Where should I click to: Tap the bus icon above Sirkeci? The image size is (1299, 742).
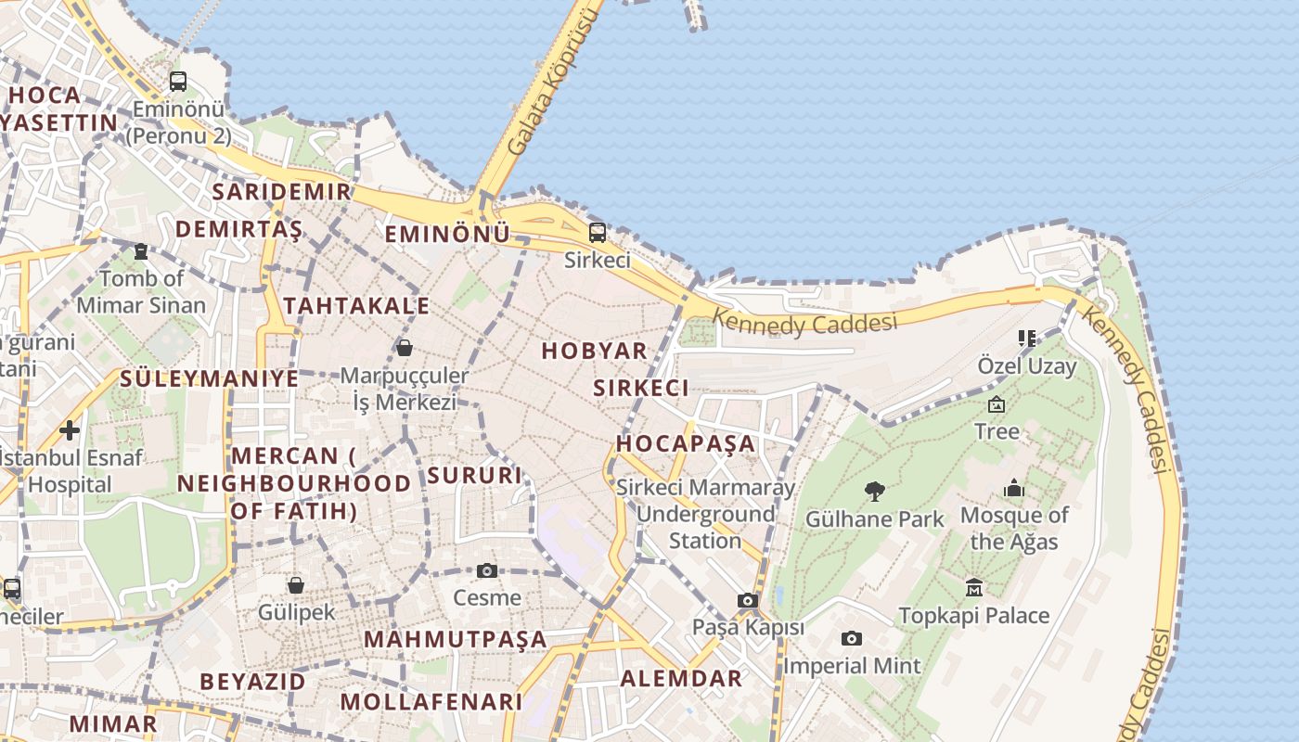(598, 232)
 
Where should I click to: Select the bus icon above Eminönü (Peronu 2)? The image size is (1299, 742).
(178, 81)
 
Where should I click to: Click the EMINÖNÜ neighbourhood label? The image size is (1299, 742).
(447, 234)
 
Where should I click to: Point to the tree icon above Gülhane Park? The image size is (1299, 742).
(874, 491)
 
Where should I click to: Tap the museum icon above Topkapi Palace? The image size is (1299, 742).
(974, 587)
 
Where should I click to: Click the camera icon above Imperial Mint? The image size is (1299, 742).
(852, 638)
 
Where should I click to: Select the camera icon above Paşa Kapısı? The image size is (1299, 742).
(748, 600)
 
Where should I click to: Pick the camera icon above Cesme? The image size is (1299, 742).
(487, 570)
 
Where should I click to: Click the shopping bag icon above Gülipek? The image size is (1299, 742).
(296, 584)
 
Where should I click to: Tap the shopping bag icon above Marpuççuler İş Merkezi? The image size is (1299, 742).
(405, 348)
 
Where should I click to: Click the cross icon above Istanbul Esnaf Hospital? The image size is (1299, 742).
(70, 429)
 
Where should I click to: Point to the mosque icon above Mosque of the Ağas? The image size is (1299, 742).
(1014, 488)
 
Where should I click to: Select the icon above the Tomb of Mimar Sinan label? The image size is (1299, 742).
(141, 250)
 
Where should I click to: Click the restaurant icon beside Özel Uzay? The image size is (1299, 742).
(1026, 338)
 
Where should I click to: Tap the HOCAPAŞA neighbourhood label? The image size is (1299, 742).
(686, 442)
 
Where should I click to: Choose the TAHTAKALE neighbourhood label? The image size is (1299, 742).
(356, 306)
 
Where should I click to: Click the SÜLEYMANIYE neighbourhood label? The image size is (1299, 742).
(210, 378)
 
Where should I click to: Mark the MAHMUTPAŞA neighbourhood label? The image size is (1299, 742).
(456, 639)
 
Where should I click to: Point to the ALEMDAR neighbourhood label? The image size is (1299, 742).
(681, 678)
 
